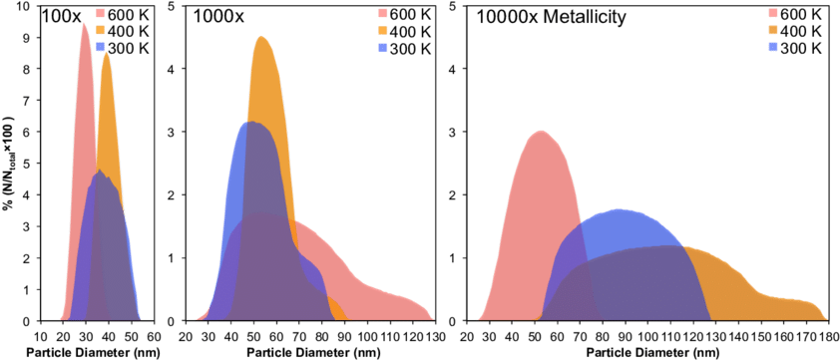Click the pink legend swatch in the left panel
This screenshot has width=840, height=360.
(100, 13)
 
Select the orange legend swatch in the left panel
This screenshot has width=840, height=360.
(100, 30)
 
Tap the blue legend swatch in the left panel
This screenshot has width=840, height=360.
(100, 47)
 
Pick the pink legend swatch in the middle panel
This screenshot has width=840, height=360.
(383, 13)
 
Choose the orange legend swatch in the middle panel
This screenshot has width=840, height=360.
(383, 30)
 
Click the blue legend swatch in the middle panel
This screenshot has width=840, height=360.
(383, 47)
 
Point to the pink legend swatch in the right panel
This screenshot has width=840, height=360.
(773, 13)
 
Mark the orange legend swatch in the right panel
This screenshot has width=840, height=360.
(773, 30)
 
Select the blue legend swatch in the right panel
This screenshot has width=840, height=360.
(773, 47)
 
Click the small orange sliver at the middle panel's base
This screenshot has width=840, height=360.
(338, 313)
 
